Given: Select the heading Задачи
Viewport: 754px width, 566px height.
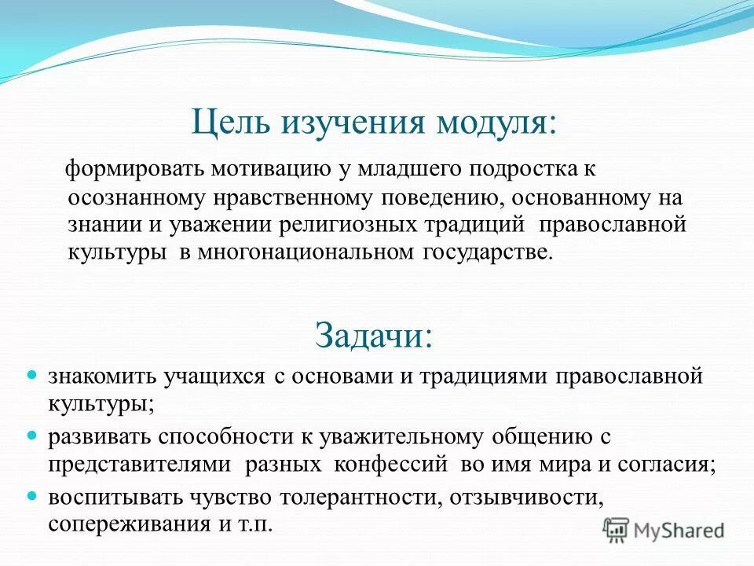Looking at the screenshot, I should coord(374,335).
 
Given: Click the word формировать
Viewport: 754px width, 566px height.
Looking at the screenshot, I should coord(125,169).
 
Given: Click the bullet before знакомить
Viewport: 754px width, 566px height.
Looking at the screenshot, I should coord(32,376).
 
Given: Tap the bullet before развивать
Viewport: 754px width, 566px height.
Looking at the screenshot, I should coord(32,435).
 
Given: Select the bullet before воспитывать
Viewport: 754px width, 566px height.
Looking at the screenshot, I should coord(32,496).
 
